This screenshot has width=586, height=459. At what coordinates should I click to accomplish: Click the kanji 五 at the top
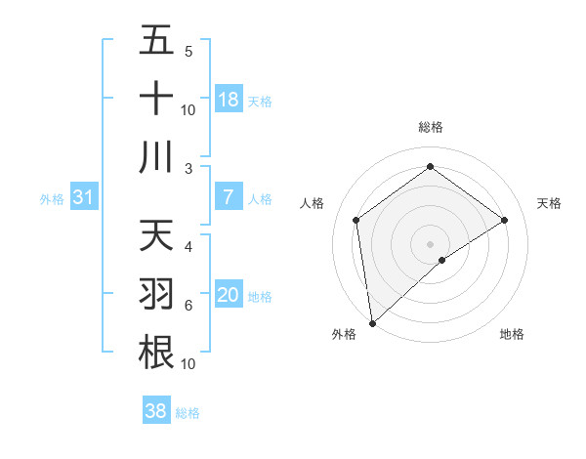coord(156,41)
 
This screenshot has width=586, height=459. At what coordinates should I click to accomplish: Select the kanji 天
coord(156,235)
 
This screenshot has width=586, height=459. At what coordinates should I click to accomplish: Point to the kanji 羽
coord(156,294)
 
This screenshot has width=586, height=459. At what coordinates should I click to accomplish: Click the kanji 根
coord(156,352)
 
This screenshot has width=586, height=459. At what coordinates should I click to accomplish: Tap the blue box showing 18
coord(229,100)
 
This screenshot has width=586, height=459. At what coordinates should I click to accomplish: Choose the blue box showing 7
coord(229,197)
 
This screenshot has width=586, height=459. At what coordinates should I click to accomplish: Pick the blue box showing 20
coord(229,295)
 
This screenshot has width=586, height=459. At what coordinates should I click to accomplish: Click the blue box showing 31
coord(83,198)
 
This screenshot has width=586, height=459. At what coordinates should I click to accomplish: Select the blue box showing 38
coord(156,411)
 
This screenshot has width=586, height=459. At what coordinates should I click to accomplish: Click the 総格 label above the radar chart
coord(430,127)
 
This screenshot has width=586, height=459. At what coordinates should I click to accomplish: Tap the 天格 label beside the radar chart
coord(550,203)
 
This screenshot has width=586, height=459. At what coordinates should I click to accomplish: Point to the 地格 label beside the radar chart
coord(512,334)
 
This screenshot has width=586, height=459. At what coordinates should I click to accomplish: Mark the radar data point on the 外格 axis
coord(372,322)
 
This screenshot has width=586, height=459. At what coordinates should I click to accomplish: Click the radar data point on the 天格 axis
coord(505,220)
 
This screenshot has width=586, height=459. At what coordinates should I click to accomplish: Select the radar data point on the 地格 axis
coord(442,260)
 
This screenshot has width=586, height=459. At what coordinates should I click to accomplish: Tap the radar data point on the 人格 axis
coord(356,220)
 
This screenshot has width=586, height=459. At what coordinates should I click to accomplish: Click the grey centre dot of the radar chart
coord(430,243)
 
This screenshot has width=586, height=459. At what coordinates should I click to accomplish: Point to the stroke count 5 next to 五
coord(188,51)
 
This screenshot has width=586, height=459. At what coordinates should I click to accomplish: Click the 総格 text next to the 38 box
coord(188,413)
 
